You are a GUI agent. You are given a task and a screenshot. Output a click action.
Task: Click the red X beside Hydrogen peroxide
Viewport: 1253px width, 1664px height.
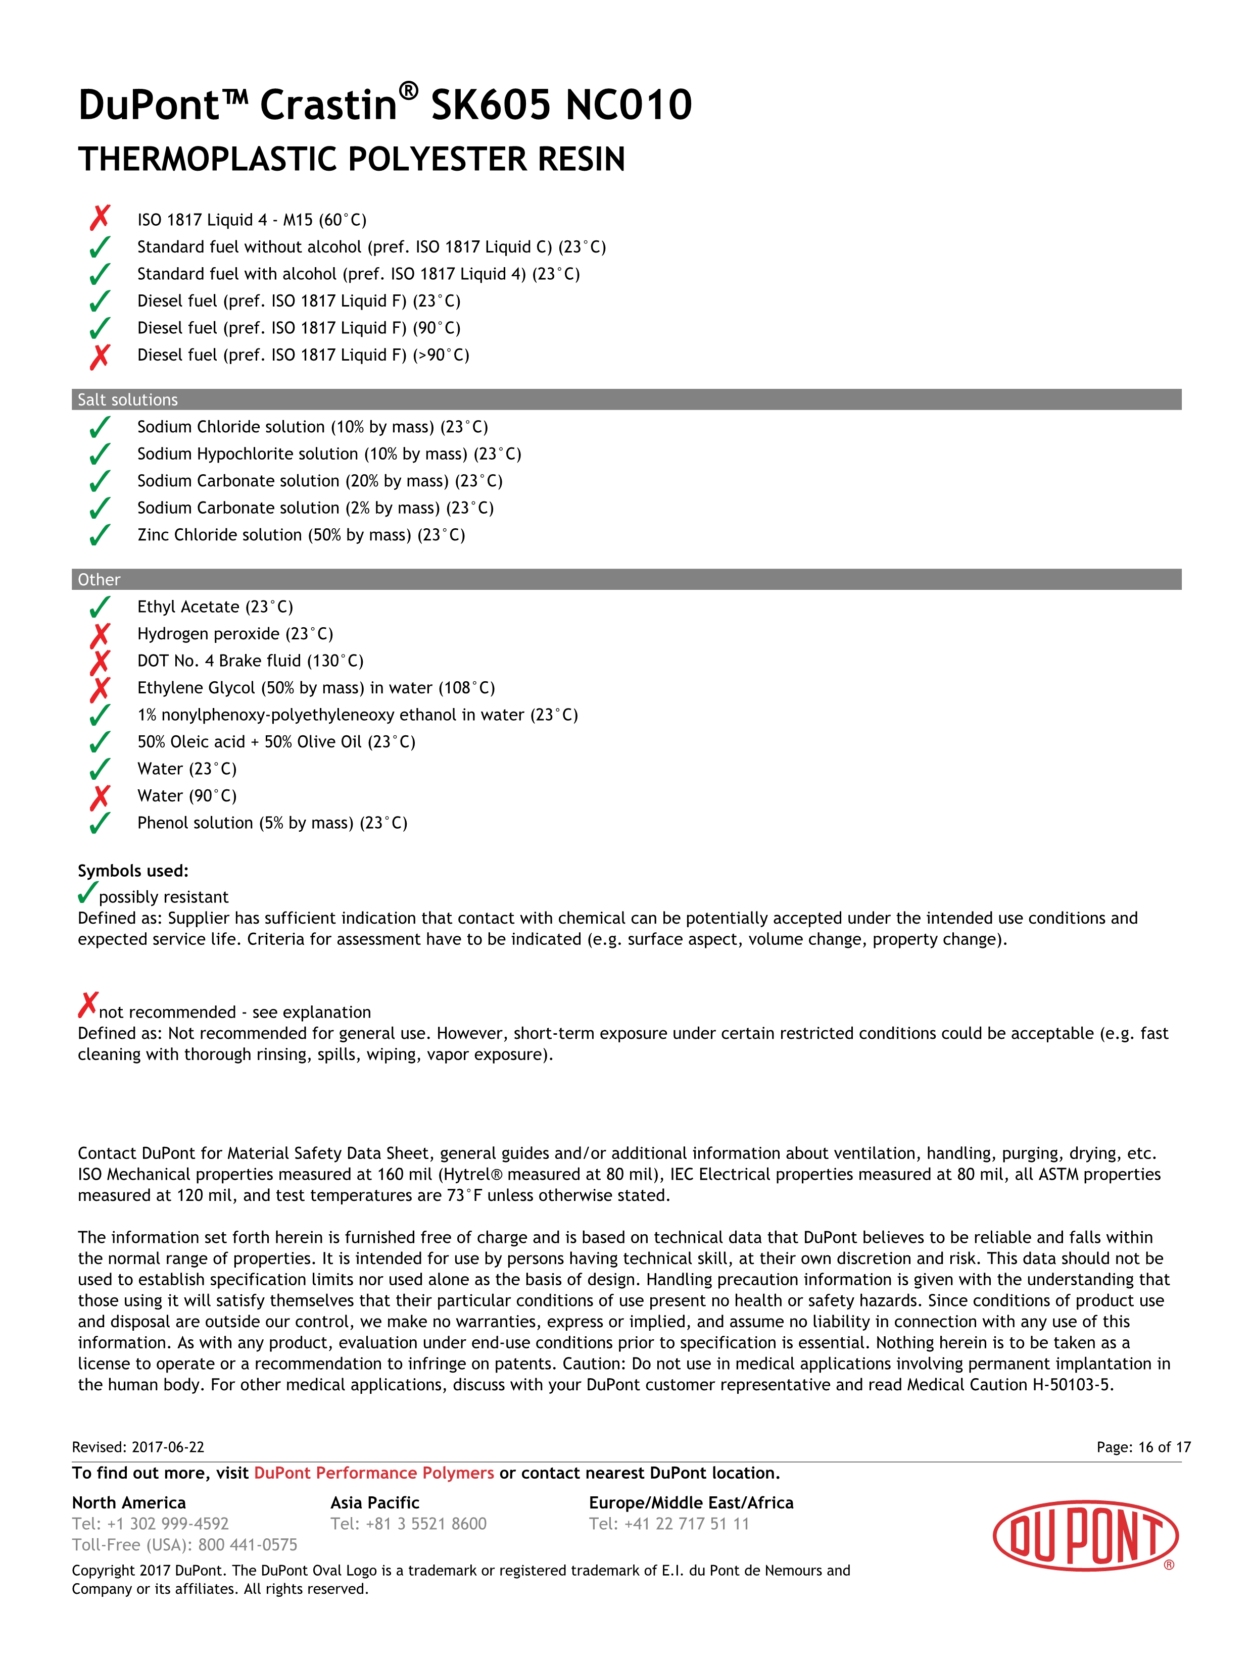point(100,636)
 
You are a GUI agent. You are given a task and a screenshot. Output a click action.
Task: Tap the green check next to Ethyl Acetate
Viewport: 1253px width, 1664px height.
point(100,607)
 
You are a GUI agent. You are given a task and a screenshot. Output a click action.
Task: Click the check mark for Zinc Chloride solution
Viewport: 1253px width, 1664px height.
point(100,536)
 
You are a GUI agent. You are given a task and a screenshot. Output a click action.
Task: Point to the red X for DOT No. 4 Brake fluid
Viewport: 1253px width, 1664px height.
point(100,663)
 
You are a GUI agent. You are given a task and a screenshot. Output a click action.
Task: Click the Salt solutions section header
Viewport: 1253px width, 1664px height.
point(128,399)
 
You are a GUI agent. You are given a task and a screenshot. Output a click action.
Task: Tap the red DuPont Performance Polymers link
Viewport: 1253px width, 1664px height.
point(374,1473)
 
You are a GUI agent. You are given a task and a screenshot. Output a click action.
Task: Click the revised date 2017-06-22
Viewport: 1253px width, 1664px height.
point(167,1447)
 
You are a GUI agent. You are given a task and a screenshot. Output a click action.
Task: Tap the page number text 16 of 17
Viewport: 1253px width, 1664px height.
point(1164,1447)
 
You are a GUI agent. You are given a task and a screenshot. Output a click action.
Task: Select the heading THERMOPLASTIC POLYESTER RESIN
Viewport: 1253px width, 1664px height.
point(352,160)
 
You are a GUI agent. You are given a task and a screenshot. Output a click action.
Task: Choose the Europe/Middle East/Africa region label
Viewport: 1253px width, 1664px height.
point(691,1502)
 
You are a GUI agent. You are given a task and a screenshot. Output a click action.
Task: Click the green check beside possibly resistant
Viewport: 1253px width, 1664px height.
point(87,893)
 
